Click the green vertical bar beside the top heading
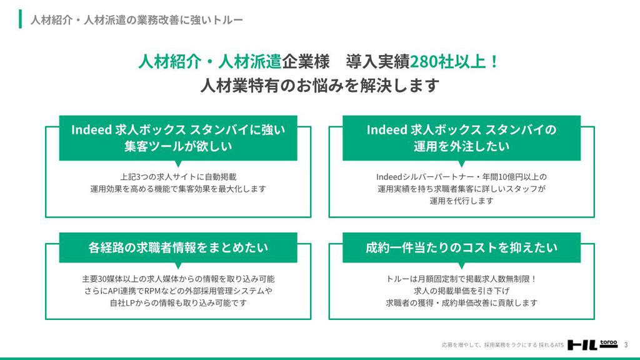tap(20, 19)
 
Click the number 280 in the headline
tap(424, 62)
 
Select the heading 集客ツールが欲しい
tap(178, 146)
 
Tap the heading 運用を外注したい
tap(461, 146)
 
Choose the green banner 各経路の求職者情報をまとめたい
tap(178, 247)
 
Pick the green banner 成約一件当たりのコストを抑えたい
tap(461, 247)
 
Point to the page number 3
tap(626, 345)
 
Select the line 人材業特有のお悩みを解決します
tap(320, 86)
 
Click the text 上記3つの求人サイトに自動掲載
tap(178, 177)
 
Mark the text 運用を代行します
tap(461, 201)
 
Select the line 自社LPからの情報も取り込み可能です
tap(178, 303)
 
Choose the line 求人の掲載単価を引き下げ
tap(461, 291)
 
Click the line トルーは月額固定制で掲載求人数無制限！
tap(461, 279)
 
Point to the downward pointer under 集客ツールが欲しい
tap(178, 163)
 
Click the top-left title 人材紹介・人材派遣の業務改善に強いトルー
tap(137, 19)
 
